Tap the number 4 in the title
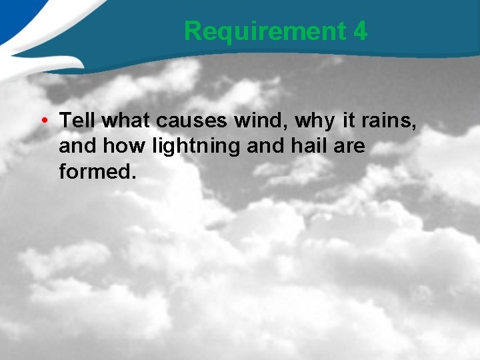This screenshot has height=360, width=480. click(x=360, y=31)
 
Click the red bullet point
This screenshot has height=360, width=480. click(x=42, y=121)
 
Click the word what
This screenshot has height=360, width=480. click(x=127, y=121)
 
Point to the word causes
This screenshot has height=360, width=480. click(x=191, y=121)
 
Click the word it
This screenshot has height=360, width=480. click(x=349, y=121)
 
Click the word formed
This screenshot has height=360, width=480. click(x=95, y=171)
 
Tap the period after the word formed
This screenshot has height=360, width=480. click(x=134, y=177)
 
